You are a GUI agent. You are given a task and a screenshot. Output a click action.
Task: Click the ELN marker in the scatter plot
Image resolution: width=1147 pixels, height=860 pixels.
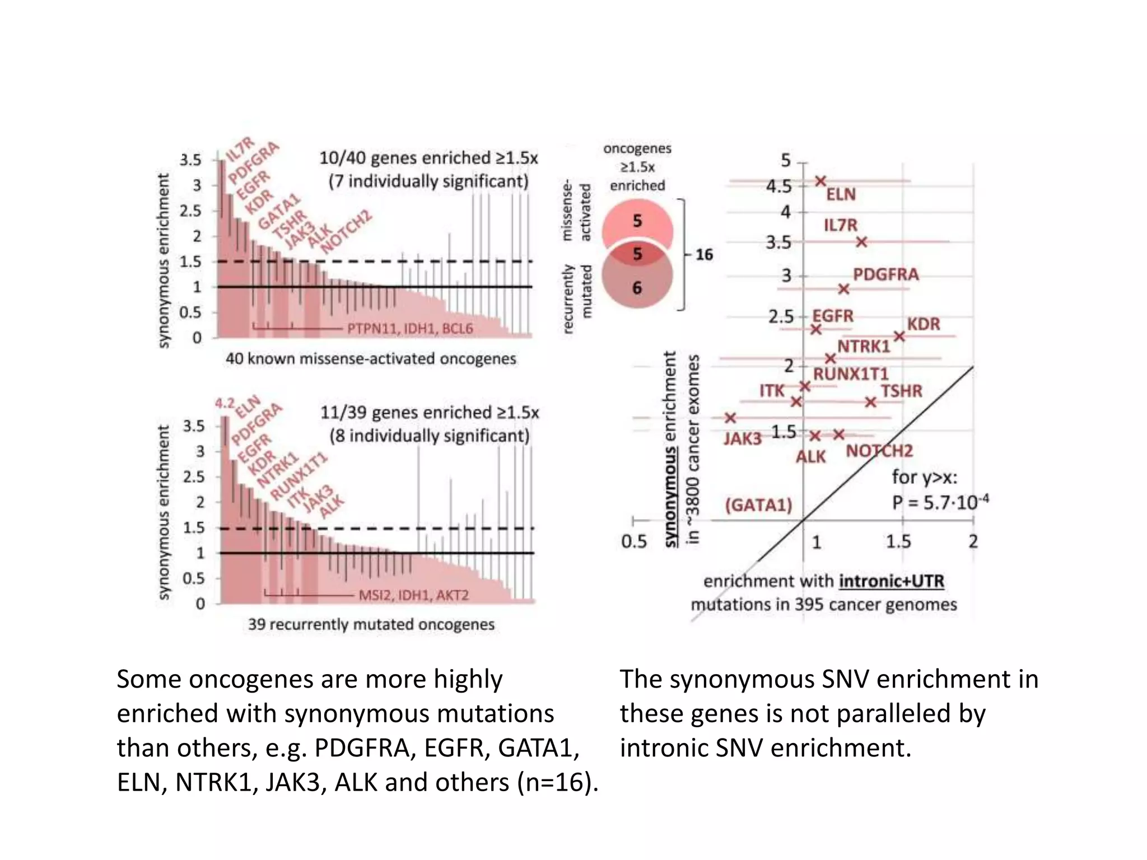(x=820, y=181)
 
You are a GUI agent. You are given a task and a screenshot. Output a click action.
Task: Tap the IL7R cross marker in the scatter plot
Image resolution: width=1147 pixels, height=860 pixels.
(x=862, y=242)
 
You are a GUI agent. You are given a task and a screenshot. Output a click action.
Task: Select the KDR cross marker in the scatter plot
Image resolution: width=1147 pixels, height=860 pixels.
(x=899, y=336)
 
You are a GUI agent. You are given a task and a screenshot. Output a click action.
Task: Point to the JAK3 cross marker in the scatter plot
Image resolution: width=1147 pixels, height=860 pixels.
(x=730, y=418)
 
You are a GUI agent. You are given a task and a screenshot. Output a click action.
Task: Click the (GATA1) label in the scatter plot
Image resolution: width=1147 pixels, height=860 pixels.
(x=758, y=505)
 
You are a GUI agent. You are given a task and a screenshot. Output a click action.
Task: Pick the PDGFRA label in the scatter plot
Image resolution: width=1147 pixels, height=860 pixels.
(x=885, y=274)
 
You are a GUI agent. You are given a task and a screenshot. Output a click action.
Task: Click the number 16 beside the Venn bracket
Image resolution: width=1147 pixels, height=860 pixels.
(x=704, y=255)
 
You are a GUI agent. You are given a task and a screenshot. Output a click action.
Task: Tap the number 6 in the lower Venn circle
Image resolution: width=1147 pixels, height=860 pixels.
(x=637, y=288)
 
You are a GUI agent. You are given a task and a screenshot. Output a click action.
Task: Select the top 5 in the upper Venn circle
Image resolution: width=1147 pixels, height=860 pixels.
(x=637, y=221)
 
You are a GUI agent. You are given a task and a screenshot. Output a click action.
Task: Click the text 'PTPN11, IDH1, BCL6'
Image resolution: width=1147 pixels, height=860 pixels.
(x=410, y=329)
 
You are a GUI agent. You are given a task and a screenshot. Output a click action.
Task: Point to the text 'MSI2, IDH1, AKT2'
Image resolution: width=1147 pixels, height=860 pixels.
(x=413, y=595)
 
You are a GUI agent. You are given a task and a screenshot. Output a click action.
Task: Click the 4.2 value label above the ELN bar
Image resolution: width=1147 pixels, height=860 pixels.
(x=225, y=403)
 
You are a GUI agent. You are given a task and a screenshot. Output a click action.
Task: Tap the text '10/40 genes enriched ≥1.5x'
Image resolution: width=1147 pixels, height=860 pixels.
(x=428, y=158)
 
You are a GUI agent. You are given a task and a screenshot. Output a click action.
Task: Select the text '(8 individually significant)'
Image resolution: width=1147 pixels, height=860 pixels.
(x=429, y=436)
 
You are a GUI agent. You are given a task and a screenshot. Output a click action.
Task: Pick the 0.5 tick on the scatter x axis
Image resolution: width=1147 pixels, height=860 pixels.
(x=633, y=541)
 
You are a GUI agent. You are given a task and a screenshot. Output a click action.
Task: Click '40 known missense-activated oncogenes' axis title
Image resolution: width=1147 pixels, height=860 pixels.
(x=371, y=358)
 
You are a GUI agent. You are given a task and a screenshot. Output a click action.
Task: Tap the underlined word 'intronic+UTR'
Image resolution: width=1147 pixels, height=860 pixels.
(x=892, y=581)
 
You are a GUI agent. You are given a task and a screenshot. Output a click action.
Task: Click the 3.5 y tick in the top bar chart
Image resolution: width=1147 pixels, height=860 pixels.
(x=190, y=160)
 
